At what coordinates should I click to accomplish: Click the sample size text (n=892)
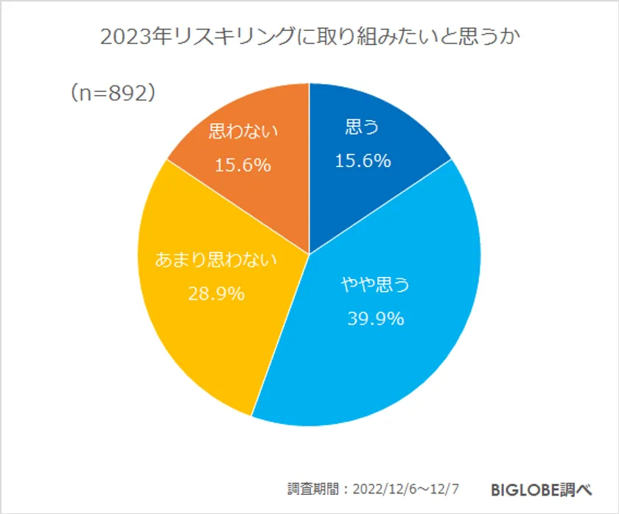(112, 94)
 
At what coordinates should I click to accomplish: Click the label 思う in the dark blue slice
(362, 128)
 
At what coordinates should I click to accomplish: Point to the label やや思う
(374, 285)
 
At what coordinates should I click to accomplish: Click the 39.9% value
(374, 319)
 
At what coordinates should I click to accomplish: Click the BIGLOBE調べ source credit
(541, 489)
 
